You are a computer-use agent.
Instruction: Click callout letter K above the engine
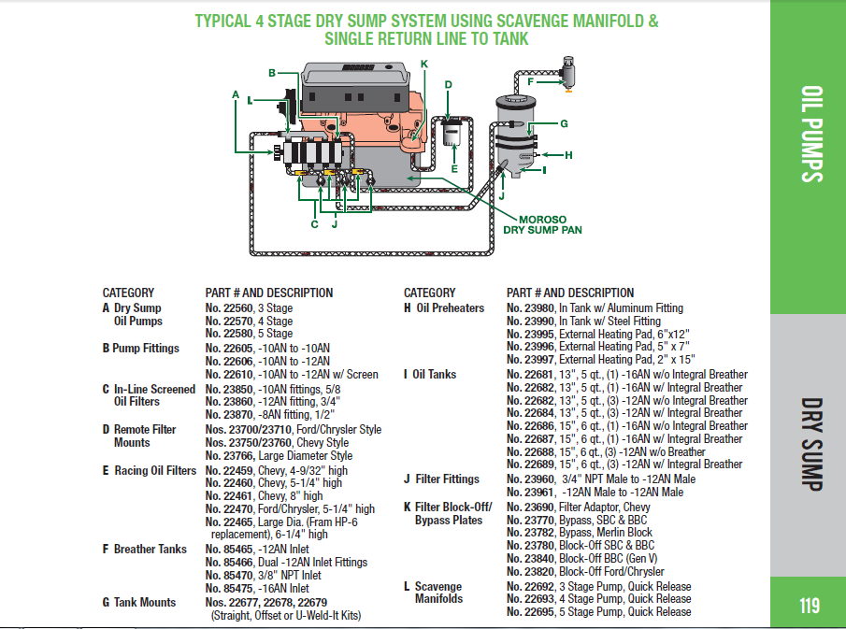pos(423,64)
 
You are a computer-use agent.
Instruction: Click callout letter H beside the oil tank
pos(567,154)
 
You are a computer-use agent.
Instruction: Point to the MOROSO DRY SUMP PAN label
pos(543,223)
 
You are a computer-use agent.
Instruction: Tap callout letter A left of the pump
pos(237,94)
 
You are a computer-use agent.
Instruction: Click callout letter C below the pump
pos(314,223)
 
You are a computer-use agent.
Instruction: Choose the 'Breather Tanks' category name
pos(150,549)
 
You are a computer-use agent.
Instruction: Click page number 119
pos(809,606)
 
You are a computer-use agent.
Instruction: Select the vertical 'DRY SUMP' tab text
pos(810,443)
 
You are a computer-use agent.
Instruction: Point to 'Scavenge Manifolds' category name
pos(438,593)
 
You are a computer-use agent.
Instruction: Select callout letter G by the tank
pos(564,123)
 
